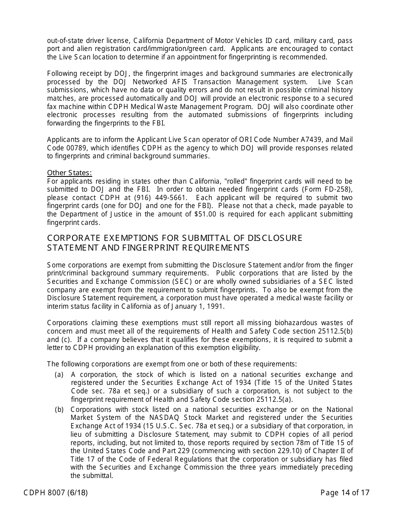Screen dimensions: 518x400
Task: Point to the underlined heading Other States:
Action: coord(69,173)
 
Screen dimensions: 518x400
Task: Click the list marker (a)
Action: coord(59,374)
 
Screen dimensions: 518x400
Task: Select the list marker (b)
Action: coord(59,409)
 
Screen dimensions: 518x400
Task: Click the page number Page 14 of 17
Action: coord(345,492)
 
